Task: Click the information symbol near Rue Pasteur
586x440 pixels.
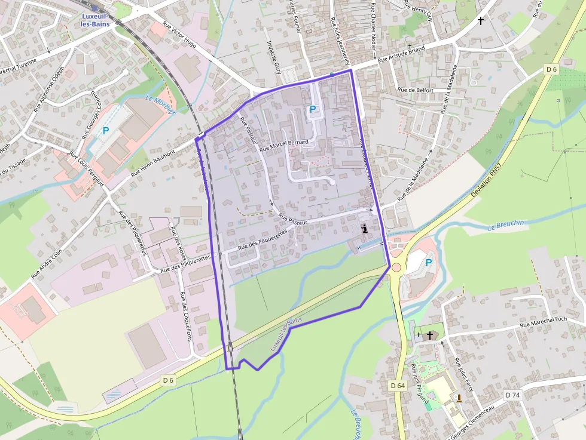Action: click(x=365, y=229)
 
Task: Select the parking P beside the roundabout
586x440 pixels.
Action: click(x=429, y=263)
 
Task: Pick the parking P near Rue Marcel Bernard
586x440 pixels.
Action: click(x=312, y=110)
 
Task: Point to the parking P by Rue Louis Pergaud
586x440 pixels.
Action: click(x=106, y=131)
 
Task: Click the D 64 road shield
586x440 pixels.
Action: click(x=397, y=386)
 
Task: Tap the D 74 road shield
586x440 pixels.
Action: click(x=512, y=395)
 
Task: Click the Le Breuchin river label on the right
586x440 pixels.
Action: click(x=506, y=226)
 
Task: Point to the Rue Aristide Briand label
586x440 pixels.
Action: click(x=401, y=55)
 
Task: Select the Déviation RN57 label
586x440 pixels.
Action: click(x=485, y=182)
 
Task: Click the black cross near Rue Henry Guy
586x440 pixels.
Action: click(x=480, y=20)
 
